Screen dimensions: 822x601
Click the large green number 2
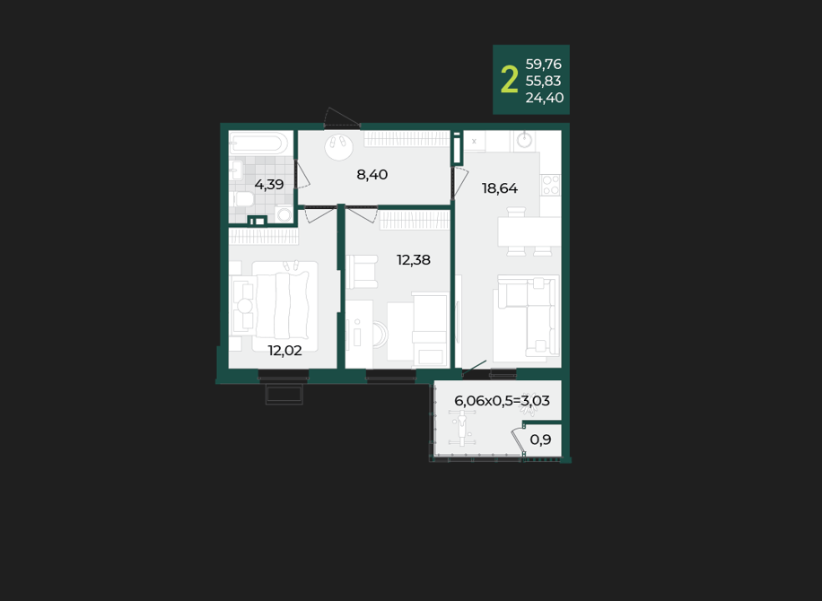coord(509,80)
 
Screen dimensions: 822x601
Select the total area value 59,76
coord(543,64)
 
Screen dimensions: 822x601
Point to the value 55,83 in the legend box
coord(543,81)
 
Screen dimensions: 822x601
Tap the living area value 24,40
coord(544,98)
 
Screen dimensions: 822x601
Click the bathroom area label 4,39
coord(269,185)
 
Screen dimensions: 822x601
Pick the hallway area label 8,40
coord(372,175)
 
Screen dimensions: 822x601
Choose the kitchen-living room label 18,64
coord(500,188)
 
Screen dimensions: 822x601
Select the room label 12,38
coord(413,260)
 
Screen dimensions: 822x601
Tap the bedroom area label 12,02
coord(284,351)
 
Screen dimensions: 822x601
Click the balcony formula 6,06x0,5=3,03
coord(502,401)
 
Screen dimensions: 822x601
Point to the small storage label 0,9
coord(540,440)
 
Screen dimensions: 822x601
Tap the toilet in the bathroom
coord(241,199)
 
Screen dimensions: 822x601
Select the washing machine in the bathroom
coord(284,213)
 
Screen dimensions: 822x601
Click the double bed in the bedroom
coord(284,307)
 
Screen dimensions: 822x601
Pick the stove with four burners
coord(550,185)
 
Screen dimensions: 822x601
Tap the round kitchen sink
coord(524,140)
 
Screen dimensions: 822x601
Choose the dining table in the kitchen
coord(529,231)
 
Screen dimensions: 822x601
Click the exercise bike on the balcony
coord(462,426)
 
